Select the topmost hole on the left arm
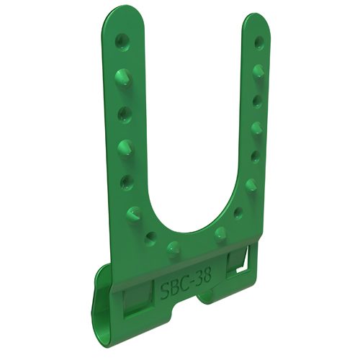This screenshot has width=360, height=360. point(122,41)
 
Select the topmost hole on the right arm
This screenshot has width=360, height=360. point(258,42)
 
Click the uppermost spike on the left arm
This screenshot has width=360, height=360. point(123,79)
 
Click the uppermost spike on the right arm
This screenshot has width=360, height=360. point(258,71)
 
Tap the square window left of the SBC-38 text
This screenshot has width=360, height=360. point(138,302)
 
